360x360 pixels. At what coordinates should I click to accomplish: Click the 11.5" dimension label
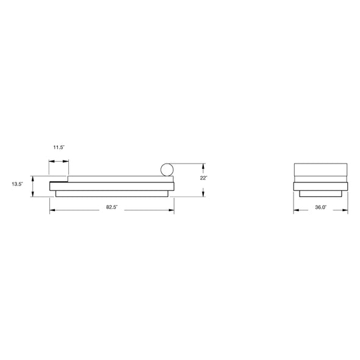(x=59, y=148)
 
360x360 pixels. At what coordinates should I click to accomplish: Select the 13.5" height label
(x=18, y=184)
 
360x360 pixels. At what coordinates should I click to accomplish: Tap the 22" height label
(x=203, y=178)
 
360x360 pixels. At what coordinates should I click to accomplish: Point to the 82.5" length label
(x=112, y=207)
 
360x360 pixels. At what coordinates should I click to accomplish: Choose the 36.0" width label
(x=321, y=207)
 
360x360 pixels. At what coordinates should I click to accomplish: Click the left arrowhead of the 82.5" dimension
(x=52, y=210)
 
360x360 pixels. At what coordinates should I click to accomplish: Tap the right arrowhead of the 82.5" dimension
(x=171, y=210)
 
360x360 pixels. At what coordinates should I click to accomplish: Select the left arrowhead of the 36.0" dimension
(x=296, y=210)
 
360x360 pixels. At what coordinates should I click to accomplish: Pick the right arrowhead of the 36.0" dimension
(x=345, y=210)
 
